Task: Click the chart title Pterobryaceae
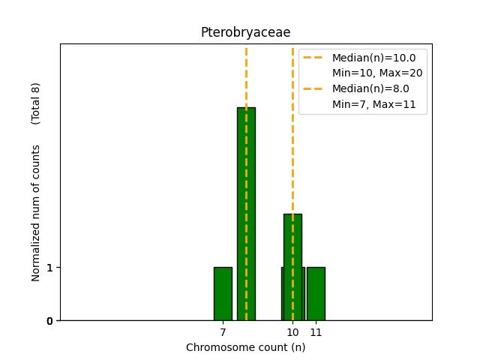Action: point(245,32)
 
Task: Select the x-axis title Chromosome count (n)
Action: point(245,347)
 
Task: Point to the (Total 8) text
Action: point(36,103)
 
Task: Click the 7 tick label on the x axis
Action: point(223,331)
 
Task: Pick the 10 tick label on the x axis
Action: point(292,331)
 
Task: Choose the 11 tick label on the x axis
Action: point(316,331)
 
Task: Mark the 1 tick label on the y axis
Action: point(49,268)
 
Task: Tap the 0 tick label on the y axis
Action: point(49,321)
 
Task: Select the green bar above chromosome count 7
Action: point(223,294)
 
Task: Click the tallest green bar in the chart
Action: point(246,214)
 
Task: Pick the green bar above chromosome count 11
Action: point(316,294)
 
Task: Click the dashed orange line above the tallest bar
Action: point(246,75)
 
